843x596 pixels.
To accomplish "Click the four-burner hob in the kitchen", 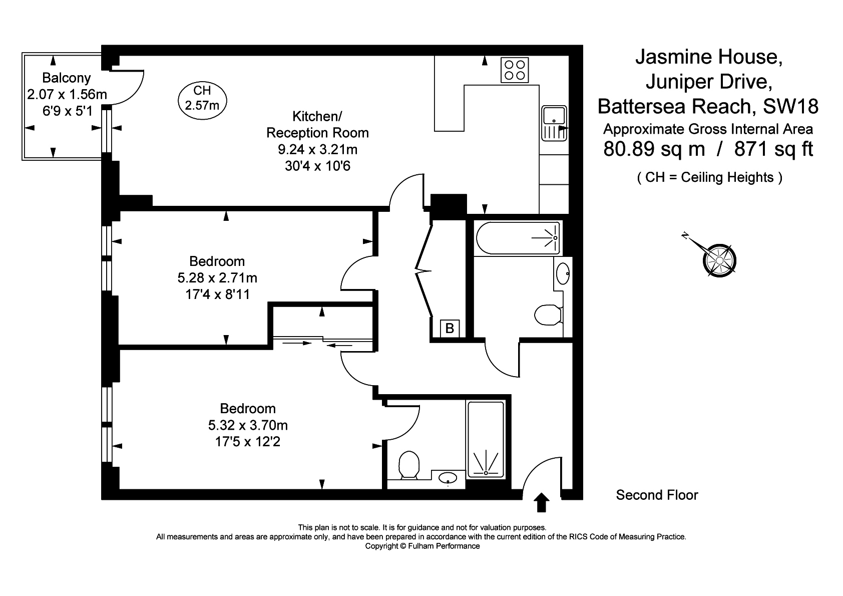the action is (515, 70).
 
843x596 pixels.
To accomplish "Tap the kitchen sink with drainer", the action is (554, 124).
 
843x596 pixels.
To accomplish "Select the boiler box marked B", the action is (450, 329).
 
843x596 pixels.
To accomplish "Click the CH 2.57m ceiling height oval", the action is (202, 101).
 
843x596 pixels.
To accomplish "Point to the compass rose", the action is (719, 260).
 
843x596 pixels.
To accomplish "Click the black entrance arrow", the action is (541, 502).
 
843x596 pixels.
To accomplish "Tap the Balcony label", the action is (66, 78).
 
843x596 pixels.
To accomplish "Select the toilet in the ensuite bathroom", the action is (408, 465).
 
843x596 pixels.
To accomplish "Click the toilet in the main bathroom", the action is (548, 315).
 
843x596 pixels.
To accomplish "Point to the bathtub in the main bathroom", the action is (518, 238).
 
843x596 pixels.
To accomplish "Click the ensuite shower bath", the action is (486, 440).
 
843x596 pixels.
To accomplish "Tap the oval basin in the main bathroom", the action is (563, 274).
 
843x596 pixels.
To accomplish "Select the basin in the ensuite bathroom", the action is (448, 478).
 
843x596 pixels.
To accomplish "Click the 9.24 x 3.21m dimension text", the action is (318, 149).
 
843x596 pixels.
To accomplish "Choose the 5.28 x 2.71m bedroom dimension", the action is (217, 278).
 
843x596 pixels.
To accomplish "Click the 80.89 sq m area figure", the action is (654, 149).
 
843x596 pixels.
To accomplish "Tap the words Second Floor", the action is (657, 495).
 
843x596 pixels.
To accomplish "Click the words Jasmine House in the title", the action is (709, 57).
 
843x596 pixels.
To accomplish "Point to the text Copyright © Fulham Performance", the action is (423, 546).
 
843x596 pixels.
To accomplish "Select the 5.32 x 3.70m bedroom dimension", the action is (248, 425).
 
